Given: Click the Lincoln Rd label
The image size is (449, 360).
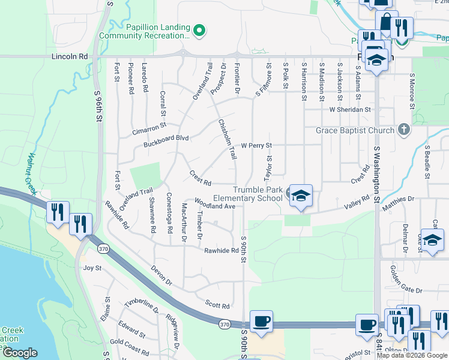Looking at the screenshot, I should (x=70, y=56).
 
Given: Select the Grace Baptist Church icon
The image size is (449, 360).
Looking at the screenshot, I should (x=405, y=130).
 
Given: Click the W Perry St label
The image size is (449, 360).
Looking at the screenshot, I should (x=256, y=145).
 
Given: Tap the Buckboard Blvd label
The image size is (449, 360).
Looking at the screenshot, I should (x=166, y=138).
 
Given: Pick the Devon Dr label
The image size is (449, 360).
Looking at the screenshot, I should (x=161, y=275).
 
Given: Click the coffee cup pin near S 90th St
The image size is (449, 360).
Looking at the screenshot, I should (x=261, y=321).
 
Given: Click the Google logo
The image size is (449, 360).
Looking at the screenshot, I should (x=20, y=353).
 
